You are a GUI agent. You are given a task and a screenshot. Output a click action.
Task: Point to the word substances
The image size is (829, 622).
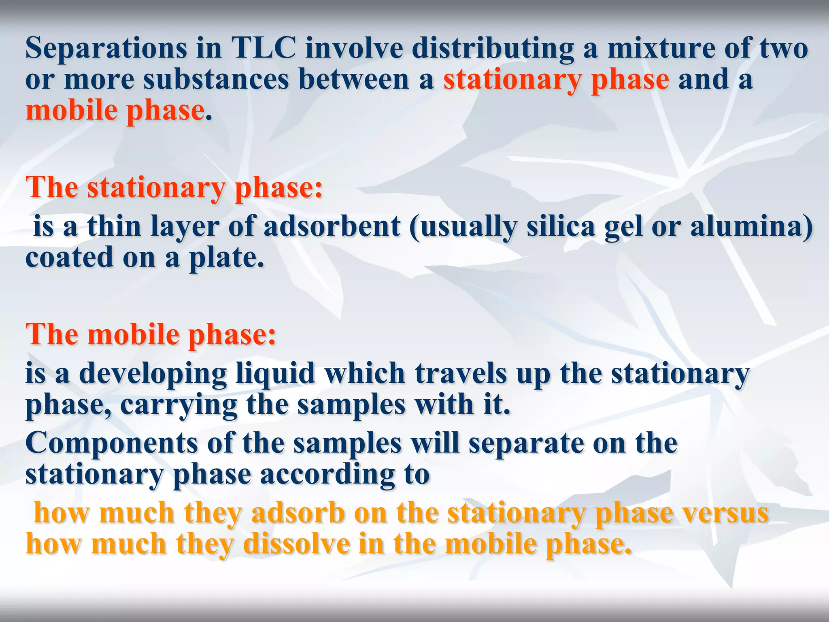click(216, 80)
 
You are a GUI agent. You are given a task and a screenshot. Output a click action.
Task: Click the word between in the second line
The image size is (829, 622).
click(354, 80)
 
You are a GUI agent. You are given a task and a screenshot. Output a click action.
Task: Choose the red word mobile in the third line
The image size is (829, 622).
click(71, 111)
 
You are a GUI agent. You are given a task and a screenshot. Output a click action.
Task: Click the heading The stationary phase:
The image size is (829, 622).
click(174, 188)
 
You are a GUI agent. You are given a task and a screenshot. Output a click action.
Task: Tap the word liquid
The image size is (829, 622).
click(275, 373)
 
